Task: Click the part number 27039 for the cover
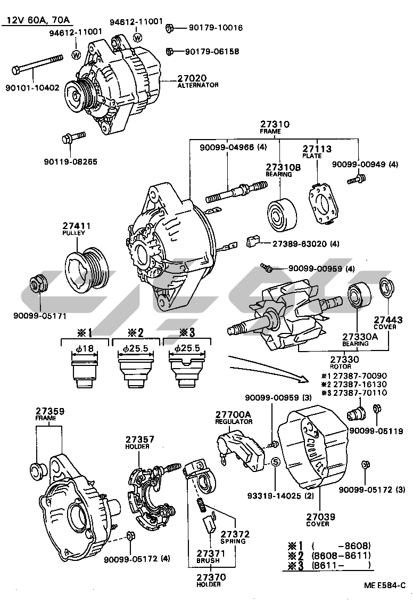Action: pyautogui.click(x=317, y=516)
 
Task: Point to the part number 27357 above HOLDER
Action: pyautogui.click(x=140, y=439)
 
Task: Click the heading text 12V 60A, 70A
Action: pyautogui.click(x=37, y=20)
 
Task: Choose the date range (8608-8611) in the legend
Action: pyautogui.click(x=341, y=555)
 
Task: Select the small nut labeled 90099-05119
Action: pyautogui.click(x=375, y=409)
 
